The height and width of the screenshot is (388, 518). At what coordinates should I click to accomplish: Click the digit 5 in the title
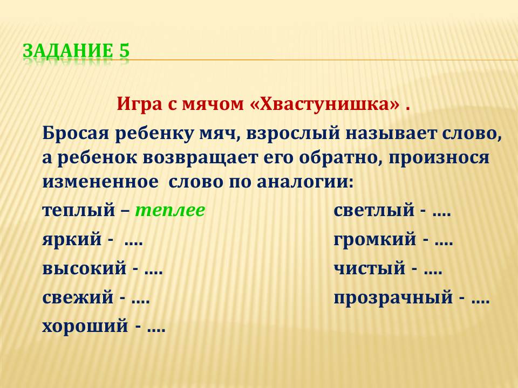[x=123, y=51]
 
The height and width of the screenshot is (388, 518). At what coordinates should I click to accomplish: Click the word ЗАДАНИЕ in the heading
[x=68, y=51]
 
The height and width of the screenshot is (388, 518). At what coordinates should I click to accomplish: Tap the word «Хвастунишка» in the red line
[x=324, y=104]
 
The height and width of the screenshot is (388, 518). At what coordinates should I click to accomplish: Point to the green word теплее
[x=170, y=210]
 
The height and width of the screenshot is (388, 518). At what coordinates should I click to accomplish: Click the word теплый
[x=78, y=211]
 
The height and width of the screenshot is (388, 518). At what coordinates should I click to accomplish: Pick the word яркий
[x=72, y=239]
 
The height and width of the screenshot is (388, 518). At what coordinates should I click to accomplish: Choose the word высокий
[x=84, y=268]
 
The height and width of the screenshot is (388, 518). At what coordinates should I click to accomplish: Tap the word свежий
[x=78, y=297]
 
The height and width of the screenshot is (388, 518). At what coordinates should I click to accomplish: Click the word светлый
[x=374, y=211]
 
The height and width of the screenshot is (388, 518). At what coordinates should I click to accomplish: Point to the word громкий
[x=374, y=239]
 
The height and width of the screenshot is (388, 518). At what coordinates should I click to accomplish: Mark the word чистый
[x=369, y=268]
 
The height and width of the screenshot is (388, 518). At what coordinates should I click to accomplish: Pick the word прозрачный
[x=393, y=297]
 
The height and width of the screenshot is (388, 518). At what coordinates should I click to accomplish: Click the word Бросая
[x=76, y=134]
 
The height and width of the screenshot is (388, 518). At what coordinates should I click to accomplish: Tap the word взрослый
[x=293, y=134]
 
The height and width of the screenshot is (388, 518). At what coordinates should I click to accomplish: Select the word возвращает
[x=200, y=158]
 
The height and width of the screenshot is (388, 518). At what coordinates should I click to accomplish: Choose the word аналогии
[x=305, y=183]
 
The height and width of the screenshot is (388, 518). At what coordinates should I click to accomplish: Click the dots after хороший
[x=156, y=330]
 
